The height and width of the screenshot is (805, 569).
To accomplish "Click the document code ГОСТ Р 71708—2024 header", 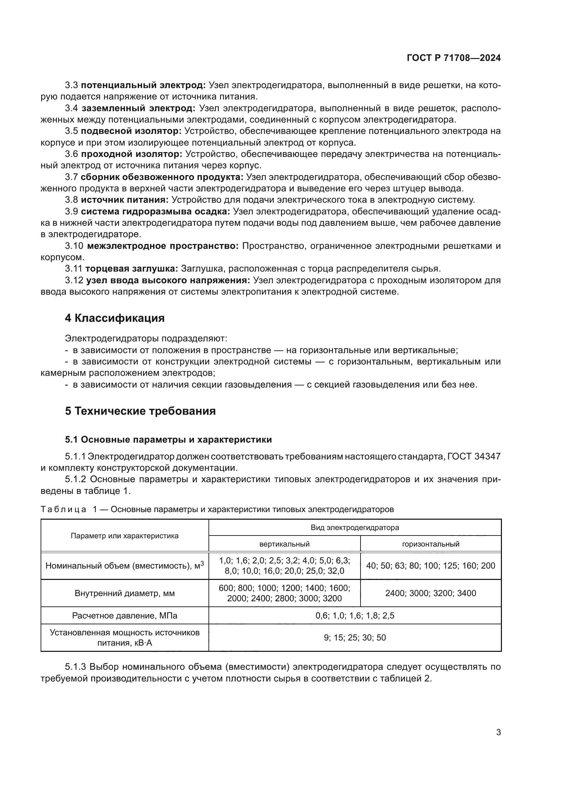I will (453, 58).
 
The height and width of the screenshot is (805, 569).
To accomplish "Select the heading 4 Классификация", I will (115, 318).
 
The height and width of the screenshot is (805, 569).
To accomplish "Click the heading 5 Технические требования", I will (140, 411).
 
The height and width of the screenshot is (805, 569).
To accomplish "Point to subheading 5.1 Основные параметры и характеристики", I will (168, 439).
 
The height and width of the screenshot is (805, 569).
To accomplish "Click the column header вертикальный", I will (284, 544).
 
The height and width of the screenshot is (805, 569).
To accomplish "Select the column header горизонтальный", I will (430, 544).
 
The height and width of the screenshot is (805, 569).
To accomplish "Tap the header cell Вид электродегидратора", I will (355, 527).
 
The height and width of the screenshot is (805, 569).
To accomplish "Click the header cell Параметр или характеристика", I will (125, 536).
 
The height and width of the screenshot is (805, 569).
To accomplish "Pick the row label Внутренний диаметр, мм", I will (125, 593).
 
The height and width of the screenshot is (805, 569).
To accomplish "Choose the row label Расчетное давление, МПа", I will (125, 616).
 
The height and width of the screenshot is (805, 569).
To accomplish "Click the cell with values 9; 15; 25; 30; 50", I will (355, 638).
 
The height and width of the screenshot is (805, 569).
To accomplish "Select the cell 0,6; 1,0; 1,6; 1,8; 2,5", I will (355, 616).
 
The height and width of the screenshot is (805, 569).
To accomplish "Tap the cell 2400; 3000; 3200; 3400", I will (430, 593).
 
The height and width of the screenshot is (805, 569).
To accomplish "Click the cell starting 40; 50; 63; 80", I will (430, 565).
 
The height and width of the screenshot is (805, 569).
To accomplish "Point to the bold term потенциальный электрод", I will (143, 85).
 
